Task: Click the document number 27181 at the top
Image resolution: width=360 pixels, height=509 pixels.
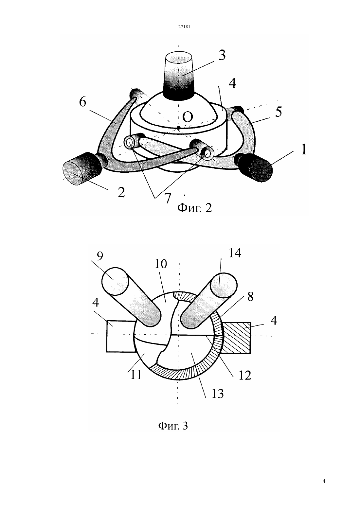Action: [x=184, y=26]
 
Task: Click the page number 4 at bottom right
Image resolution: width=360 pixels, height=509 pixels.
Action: [x=324, y=481]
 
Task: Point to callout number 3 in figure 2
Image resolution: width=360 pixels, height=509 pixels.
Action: [x=222, y=55]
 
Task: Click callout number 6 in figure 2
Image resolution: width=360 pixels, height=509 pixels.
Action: [x=83, y=102]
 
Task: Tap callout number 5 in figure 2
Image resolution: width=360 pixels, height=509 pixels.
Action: [x=278, y=112]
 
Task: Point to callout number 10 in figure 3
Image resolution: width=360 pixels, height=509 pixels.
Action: [x=161, y=264]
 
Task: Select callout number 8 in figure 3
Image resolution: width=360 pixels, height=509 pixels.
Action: [x=250, y=297]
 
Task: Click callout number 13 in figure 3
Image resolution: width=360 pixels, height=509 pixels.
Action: [x=218, y=394]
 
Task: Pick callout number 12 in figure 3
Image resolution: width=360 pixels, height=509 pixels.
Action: [x=245, y=376]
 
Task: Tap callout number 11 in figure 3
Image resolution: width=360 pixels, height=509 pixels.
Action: [x=136, y=375]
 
